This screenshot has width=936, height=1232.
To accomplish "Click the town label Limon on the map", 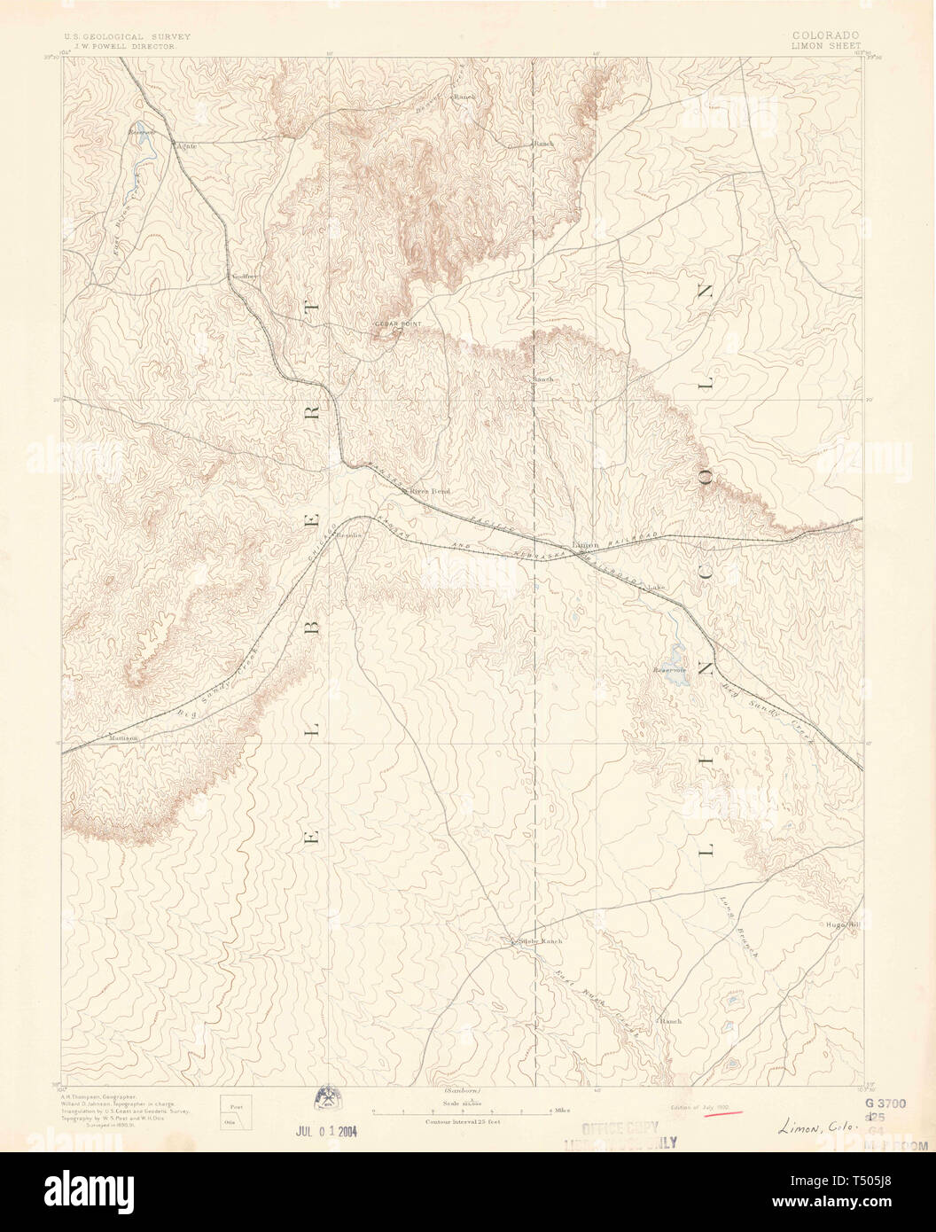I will pyautogui.click(x=586, y=544).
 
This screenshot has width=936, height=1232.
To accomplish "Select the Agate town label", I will pyautogui.click(x=186, y=144).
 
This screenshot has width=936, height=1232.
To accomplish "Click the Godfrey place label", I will pyautogui.click(x=244, y=277).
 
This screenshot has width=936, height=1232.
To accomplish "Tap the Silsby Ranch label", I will pyautogui.click(x=541, y=940).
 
